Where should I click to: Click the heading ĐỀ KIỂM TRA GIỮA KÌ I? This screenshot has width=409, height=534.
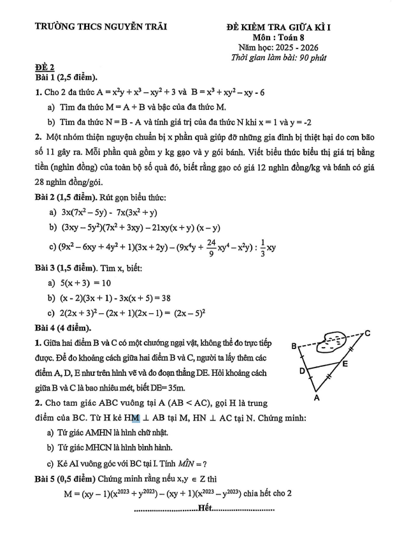coord(283,27)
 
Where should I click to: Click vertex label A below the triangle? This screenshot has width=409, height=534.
coord(315,399)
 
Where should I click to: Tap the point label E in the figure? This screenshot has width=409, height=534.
coord(345,364)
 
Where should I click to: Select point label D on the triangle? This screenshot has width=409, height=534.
coord(303,370)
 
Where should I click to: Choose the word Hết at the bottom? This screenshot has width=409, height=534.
coord(204,508)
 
